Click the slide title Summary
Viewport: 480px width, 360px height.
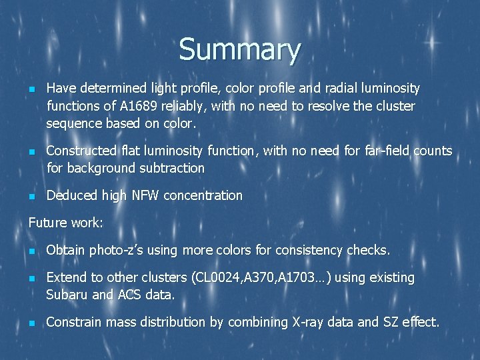239,50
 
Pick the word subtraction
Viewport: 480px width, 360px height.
171,168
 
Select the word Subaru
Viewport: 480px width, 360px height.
67,295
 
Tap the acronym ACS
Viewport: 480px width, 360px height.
125,295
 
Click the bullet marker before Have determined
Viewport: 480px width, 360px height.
31,89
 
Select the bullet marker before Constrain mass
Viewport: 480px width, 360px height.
31,323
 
